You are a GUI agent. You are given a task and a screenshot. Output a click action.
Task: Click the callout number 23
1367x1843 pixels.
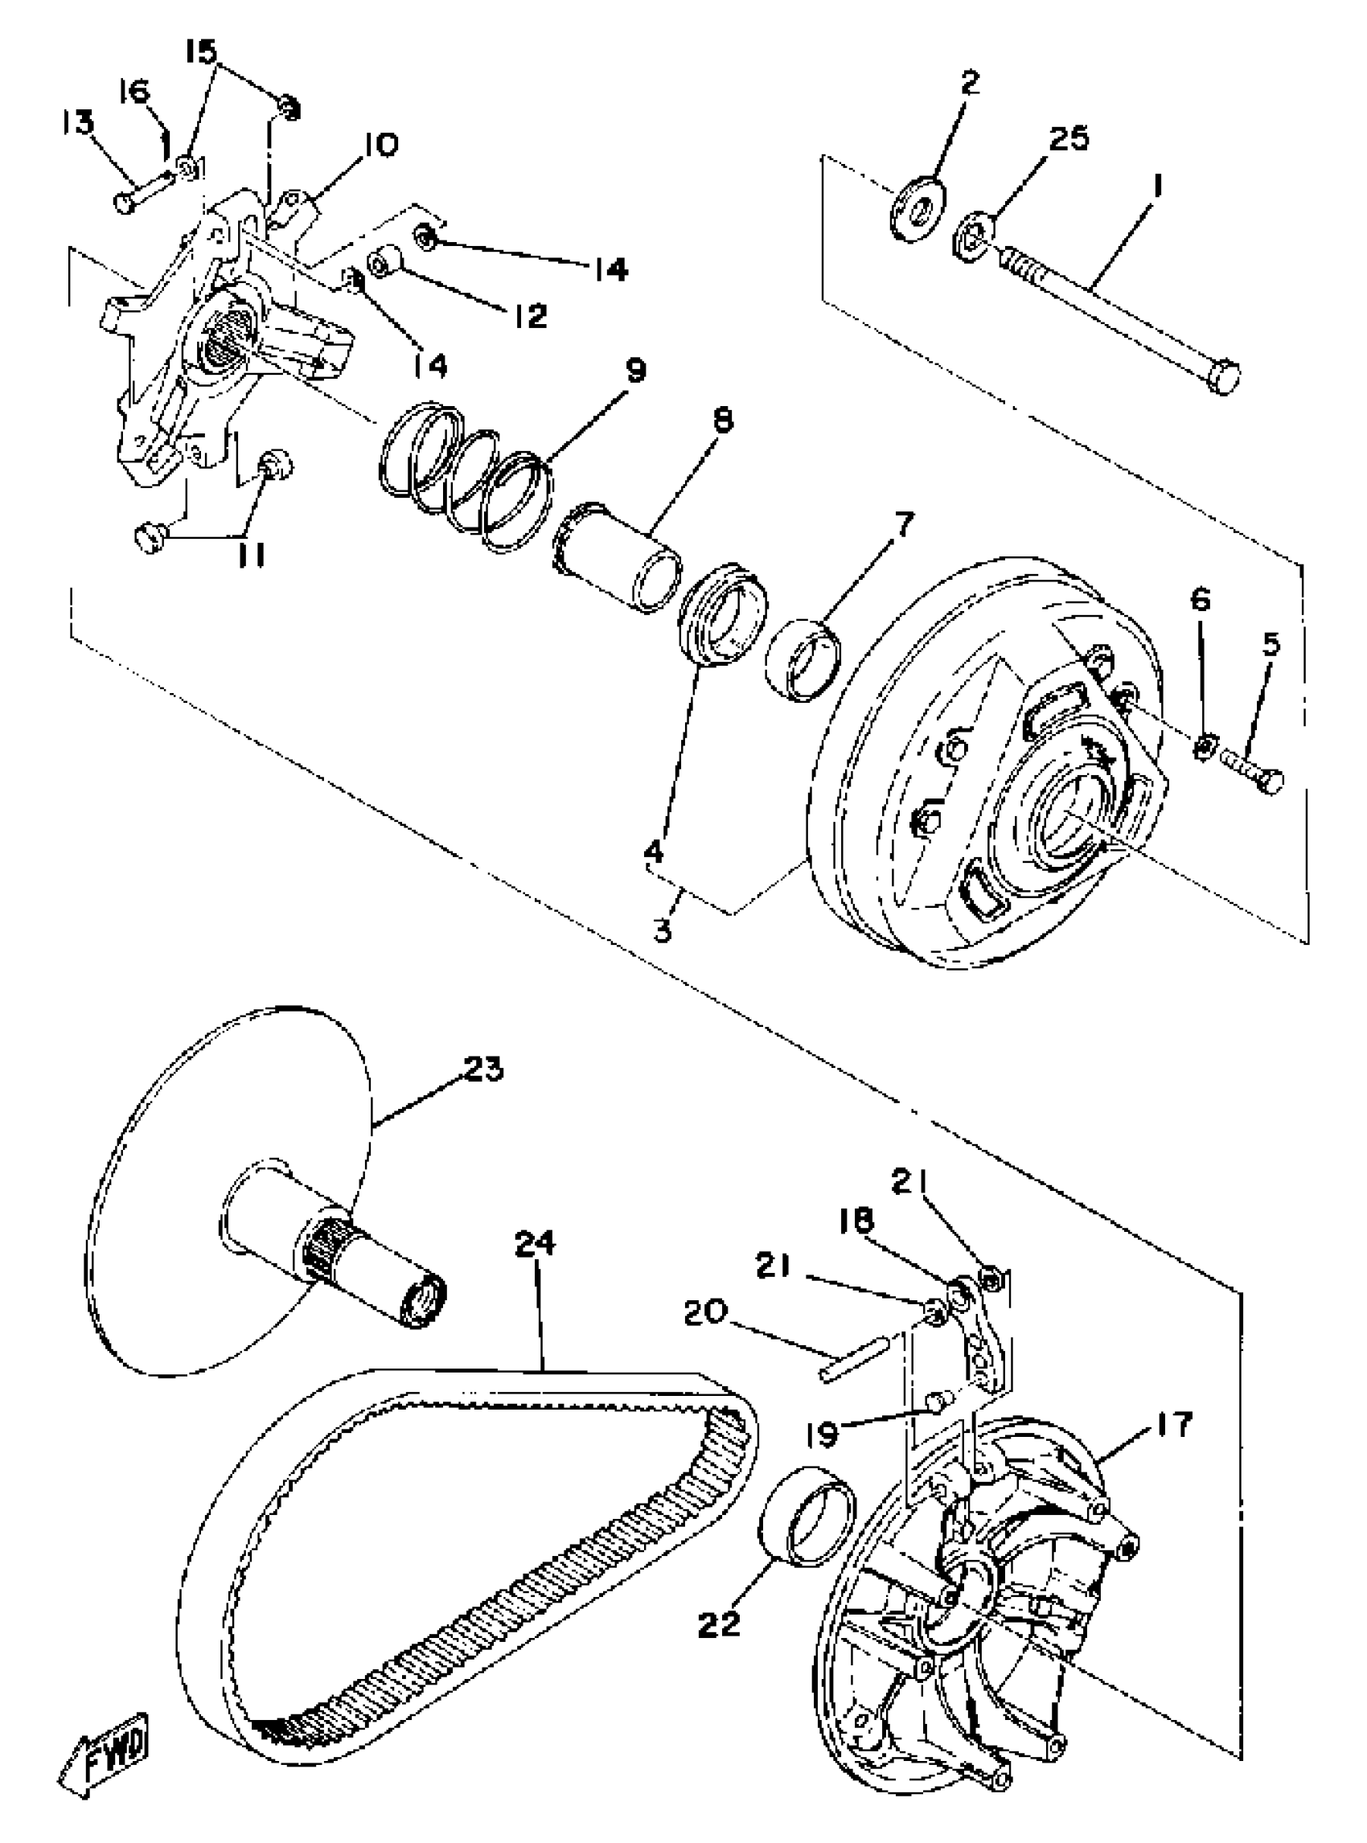pyautogui.click(x=483, y=1069)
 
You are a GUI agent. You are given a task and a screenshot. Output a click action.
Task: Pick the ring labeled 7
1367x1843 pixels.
pyautogui.click(x=803, y=658)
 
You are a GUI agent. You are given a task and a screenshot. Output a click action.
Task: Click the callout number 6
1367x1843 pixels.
pyautogui.click(x=1201, y=599)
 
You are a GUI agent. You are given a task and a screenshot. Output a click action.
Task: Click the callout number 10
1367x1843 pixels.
pyautogui.click(x=380, y=145)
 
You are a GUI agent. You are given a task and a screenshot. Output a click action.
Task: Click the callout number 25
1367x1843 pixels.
pyautogui.click(x=1069, y=138)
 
